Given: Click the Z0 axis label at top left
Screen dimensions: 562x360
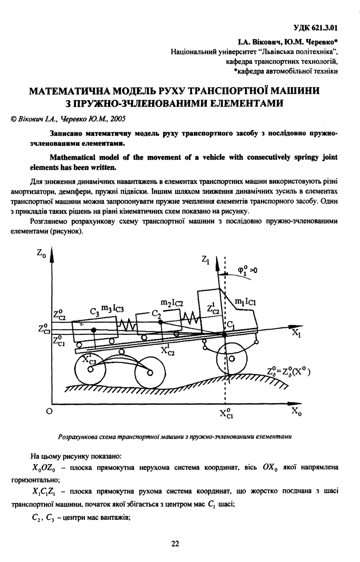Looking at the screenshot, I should tap(41, 254).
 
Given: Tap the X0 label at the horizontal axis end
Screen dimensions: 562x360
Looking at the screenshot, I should tap(296, 412).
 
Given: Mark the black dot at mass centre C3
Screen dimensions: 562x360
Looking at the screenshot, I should tap(94, 330).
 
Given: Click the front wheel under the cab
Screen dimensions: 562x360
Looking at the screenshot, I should tap(231, 359).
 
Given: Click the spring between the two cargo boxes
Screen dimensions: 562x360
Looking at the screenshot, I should tap(127, 325).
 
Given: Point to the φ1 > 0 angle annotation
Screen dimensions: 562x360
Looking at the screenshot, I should tap(247, 271).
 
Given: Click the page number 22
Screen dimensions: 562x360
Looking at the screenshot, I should tap(175, 544).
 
